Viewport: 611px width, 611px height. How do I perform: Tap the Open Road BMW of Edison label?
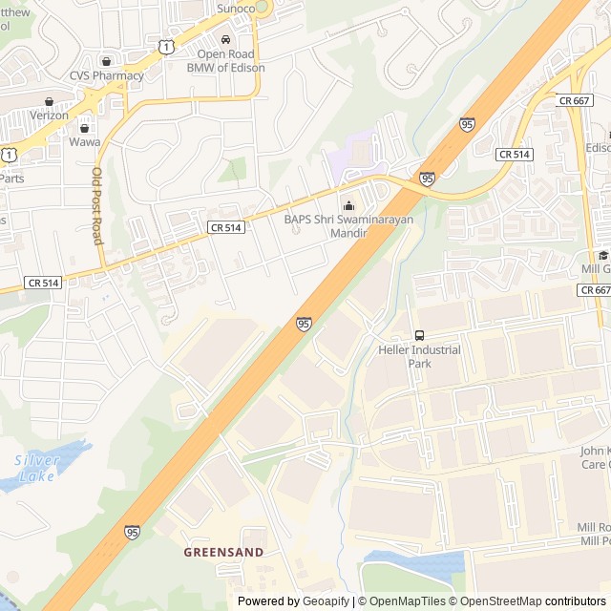click(225, 60)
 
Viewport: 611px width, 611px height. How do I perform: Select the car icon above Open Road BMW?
click(225, 40)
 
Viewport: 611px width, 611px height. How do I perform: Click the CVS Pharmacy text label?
click(106, 75)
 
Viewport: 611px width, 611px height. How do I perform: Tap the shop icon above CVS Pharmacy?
click(106, 60)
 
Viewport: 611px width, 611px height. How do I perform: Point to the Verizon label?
click(49, 115)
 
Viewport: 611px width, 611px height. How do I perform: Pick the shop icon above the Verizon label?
click(49, 100)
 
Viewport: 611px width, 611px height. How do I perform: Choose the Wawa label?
click(84, 141)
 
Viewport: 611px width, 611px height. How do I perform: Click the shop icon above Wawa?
click(84, 127)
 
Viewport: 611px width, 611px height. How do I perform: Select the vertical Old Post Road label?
click(96, 206)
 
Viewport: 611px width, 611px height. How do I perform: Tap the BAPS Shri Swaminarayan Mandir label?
click(348, 225)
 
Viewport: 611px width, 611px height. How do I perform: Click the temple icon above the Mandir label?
click(348, 204)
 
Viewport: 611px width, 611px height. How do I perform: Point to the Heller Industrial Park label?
click(419, 356)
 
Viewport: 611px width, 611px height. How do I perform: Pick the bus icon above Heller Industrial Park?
click(419, 335)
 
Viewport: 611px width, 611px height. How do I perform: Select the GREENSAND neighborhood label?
click(223, 552)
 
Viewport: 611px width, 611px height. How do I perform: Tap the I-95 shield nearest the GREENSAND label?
click(132, 531)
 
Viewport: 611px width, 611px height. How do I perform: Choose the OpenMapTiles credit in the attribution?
click(407, 601)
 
